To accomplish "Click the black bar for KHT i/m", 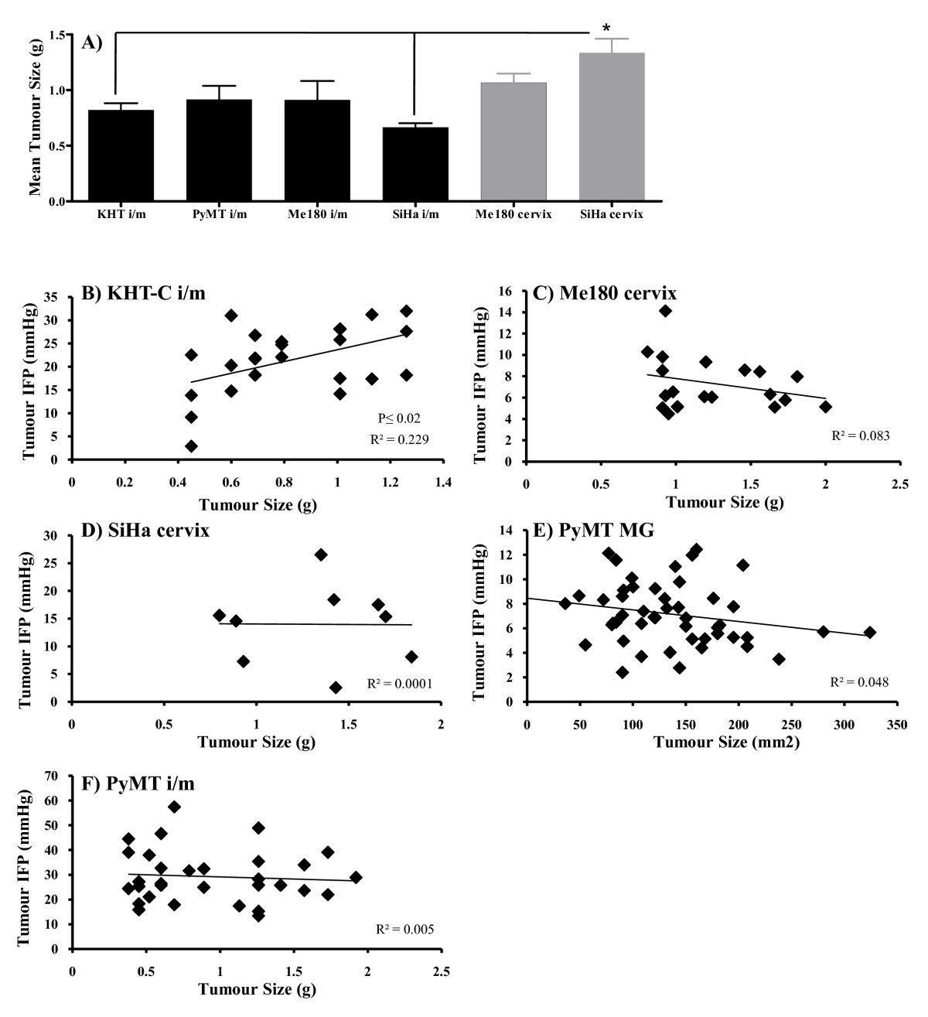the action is coord(121,155).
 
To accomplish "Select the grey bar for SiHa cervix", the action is coord(612,127).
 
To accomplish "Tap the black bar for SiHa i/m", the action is coord(415,164).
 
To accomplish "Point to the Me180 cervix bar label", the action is coord(513,214).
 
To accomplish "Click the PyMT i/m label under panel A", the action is coord(220,214).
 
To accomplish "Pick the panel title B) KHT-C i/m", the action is coord(144,293).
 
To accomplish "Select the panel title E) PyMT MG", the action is coord(593,530).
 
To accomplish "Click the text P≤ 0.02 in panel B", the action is coord(399,418).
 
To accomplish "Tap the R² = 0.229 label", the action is coord(399,439).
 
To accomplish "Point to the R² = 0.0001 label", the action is coord(400,684).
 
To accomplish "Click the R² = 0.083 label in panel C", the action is coord(861,435).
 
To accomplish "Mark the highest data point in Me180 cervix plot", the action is coord(665,311).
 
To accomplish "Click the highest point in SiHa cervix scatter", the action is coord(321,555).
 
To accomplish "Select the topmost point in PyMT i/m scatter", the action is coord(174,807).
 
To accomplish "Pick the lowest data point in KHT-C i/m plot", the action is coord(191,446).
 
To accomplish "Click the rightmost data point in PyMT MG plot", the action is coord(870,632).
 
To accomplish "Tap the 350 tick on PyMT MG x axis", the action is coord(897,725).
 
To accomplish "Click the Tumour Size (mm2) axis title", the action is coord(726,742).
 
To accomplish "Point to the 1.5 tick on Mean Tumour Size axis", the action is coord(58,35).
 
